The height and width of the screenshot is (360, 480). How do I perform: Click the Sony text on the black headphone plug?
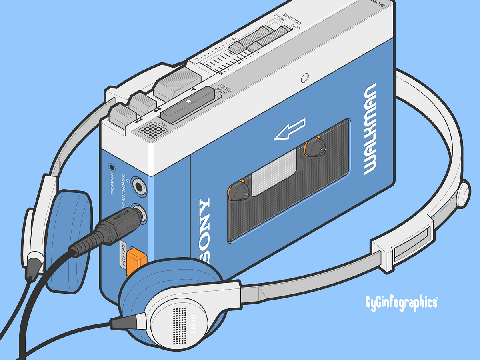coord(120,216)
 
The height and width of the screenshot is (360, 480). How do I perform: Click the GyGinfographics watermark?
coord(401,302)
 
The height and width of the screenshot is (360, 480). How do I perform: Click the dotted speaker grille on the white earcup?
coord(178,322)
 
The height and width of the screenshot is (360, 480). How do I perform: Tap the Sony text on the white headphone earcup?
coord(193,324)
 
